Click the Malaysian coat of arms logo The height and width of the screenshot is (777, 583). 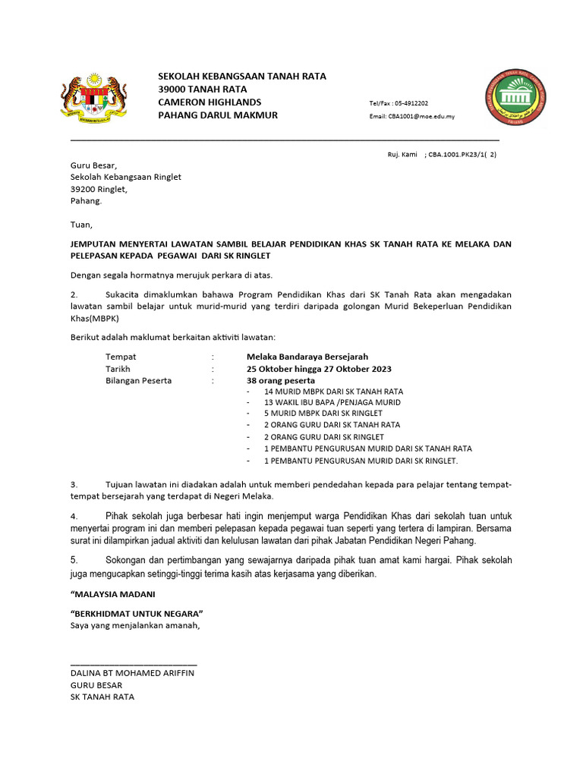click(93, 99)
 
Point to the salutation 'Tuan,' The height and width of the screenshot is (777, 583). click(81, 225)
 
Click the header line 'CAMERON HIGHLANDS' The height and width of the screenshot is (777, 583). click(210, 102)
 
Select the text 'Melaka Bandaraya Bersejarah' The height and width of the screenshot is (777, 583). click(307, 356)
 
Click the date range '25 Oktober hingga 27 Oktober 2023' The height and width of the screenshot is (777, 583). click(319, 368)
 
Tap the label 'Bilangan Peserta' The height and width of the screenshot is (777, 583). click(138, 380)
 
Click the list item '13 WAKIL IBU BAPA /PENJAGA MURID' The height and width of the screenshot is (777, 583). click(332, 402)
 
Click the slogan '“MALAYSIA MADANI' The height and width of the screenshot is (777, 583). click(112, 594)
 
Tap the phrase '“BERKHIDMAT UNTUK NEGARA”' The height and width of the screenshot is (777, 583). click(137, 613)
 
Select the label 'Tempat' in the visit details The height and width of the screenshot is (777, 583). click(121, 356)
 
